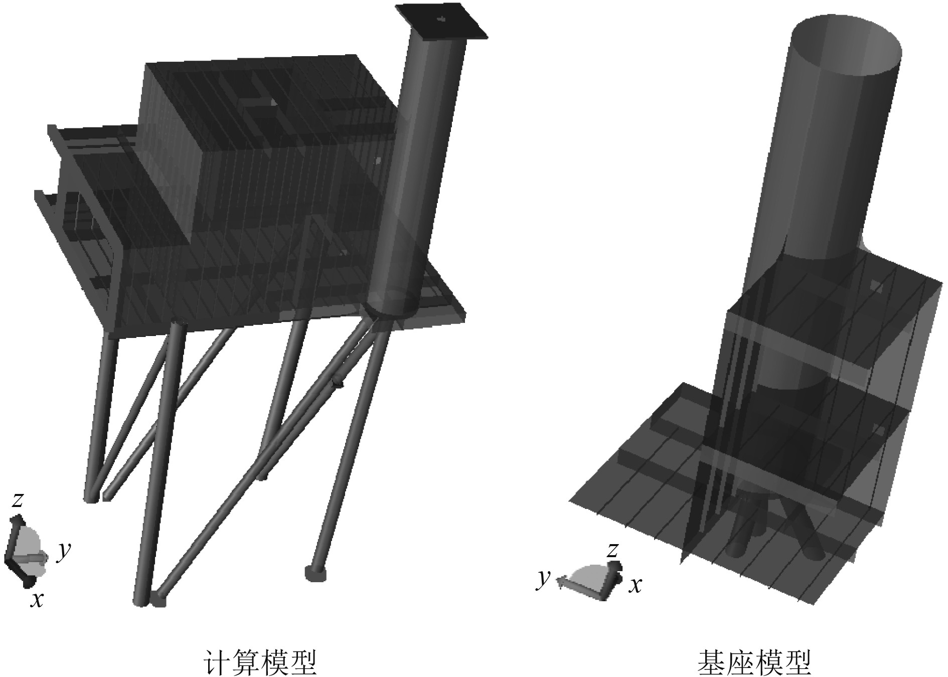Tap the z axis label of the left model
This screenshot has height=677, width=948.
[x=18, y=500]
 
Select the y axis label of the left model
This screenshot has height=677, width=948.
[x=63, y=552]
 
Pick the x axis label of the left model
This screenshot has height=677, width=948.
[x=36, y=599]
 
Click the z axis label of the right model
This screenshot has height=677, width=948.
[x=612, y=550]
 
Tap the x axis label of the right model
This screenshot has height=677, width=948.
[x=636, y=585]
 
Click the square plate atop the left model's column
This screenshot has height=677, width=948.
[x=441, y=21]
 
